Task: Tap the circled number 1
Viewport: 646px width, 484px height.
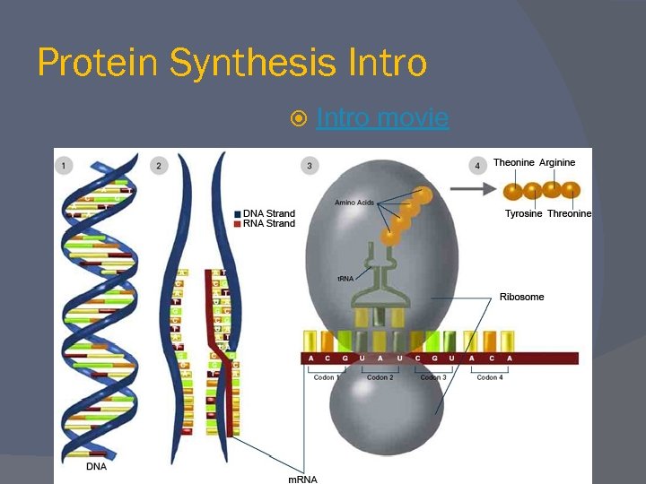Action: click(x=64, y=165)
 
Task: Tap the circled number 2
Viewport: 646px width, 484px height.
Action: click(x=159, y=165)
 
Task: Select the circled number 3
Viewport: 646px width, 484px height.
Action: click(x=310, y=165)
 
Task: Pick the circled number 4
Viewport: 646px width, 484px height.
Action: click(x=478, y=165)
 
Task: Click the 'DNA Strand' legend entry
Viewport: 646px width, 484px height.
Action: click(x=268, y=213)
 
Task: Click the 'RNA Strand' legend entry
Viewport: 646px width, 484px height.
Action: click(x=268, y=223)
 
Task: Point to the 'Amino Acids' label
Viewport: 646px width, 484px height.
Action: click(x=354, y=203)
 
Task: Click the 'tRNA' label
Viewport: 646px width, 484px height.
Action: click(x=345, y=279)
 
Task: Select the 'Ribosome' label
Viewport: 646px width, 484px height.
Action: click(x=521, y=297)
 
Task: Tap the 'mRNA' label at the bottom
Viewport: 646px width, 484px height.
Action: click(x=302, y=480)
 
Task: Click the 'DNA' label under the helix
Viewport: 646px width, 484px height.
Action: click(x=96, y=466)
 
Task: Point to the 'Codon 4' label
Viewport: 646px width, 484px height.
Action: click(x=488, y=377)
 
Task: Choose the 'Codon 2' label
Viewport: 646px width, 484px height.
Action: click(x=380, y=377)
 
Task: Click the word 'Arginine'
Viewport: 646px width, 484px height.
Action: click(x=557, y=162)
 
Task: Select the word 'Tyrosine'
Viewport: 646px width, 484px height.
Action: click(x=523, y=213)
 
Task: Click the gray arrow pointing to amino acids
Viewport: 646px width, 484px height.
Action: click(x=472, y=189)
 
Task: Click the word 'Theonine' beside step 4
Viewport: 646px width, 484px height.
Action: click(x=513, y=162)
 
